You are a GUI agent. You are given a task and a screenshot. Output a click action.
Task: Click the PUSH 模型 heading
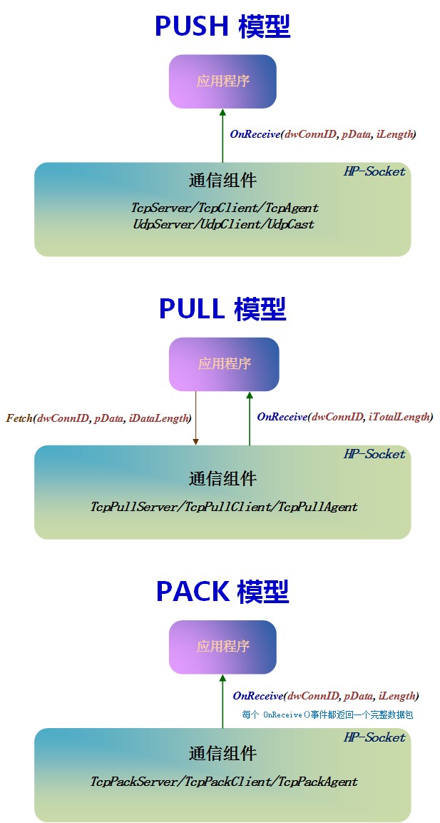pyautogui.click(x=222, y=27)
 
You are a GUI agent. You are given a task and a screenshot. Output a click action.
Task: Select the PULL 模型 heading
pyautogui.click(x=222, y=310)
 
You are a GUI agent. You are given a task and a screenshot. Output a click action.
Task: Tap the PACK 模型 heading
pyautogui.click(x=222, y=592)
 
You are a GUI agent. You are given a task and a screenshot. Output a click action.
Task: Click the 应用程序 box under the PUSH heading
pyautogui.click(x=222, y=81)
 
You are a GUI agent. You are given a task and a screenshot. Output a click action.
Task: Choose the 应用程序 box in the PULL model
pyautogui.click(x=224, y=363)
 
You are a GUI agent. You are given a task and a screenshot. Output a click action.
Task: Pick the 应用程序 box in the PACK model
pyautogui.click(x=222, y=647)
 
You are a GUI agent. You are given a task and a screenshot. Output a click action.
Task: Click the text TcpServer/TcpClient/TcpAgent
pyautogui.click(x=225, y=208)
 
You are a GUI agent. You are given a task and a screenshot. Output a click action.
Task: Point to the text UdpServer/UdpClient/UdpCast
pyautogui.click(x=223, y=224)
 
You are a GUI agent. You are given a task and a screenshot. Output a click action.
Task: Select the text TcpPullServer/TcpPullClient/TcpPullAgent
pyautogui.click(x=224, y=507)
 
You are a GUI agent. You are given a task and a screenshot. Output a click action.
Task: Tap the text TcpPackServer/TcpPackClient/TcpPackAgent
pyautogui.click(x=224, y=782)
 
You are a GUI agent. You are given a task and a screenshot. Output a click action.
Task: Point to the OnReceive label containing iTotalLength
pyautogui.click(x=345, y=417)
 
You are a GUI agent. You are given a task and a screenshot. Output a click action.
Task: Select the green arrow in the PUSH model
pyautogui.click(x=222, y=136)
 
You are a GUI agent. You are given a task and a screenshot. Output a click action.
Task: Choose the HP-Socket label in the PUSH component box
pyautogui.click(x=374, y=171)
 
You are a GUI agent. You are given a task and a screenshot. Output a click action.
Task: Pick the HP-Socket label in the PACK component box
pyautogui.click(x=374, y=737)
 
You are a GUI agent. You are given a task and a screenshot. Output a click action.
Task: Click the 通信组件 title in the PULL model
pyautogui.click(x=222, y=479)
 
